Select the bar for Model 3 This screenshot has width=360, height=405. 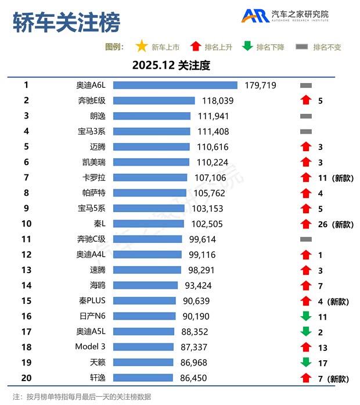143,347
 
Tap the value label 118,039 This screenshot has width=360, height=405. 217,101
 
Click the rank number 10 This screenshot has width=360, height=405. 26,224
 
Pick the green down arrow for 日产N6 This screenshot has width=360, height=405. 305,317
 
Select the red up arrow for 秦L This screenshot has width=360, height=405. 305,224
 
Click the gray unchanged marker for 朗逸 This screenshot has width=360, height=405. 305,116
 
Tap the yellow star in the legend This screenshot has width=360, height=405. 141,46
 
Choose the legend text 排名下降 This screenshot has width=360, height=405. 270,47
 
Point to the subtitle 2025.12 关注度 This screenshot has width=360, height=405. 171,65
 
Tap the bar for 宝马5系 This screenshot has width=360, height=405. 149,208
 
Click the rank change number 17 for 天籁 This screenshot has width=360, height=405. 323,363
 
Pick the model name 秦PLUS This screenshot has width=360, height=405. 91,301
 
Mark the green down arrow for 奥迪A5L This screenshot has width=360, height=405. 305,332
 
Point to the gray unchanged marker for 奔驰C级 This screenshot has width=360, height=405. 305,239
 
